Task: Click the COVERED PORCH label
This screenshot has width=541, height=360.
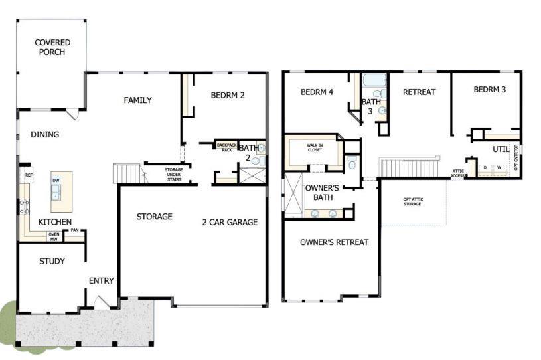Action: pyautogui.click(x=52, y=47)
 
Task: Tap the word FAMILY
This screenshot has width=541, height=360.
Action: pyautogui.click(x=137, y=100)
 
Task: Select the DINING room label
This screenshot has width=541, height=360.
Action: pyautogui.click(x=44, y=134)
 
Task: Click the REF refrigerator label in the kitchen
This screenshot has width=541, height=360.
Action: pyautogui.click(x=29, y=175)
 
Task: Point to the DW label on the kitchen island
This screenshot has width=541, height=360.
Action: pyautogui.click(x=57, y=180)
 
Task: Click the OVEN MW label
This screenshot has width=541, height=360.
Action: pyautogui.click(x=54, y=236)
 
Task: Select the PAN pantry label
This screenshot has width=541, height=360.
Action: pyautogui.click(x=75, y=231)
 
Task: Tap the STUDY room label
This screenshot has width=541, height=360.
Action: pyautogui.click(x=52, y=261)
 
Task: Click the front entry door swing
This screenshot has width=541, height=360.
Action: pyautogui.click(x=101, y=302)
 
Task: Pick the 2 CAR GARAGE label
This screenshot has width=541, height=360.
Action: pyautogui.click(x=229, y=222)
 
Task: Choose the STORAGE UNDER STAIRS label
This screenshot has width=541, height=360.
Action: pyautogui.click(x=174, y=174)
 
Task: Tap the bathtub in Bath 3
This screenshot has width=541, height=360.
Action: pyautogui.click(x=374, y=82)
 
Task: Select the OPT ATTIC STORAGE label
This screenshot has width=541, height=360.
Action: pyautogui.click(x=412, y=201)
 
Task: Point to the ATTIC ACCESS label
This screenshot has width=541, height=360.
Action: pyautogui.click(x=458, y=173)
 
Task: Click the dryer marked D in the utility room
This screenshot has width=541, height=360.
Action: pyautogui.click(x=485, y=167)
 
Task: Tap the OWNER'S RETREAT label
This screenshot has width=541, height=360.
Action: pyautogui.click(x=334, y=242)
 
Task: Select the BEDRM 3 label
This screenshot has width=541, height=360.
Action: pyautogui.click(x=490, y=90)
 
